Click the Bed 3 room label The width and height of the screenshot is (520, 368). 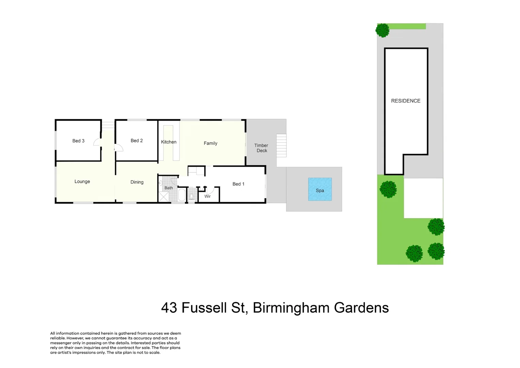pyautogui.click(x=78, y=141)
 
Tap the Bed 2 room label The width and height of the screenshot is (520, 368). pyautogui.click(x=137, y=140)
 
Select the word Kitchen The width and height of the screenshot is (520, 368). pyautogui.click(x=169, y=142)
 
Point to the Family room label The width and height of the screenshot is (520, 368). pyautogui.click(x=210, y=143)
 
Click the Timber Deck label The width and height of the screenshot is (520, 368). pyautogui.click(x=262, y=148)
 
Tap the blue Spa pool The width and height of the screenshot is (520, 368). pyautogui.click(x=320, y=189)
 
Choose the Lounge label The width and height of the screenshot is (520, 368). pyautogui.click(x=82, y=181)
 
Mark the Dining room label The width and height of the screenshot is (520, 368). pyautogui.click(x=137, y=182)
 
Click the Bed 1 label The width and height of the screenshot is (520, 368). pyautogui.click(x=238, y=184)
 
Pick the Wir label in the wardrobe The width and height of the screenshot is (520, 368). pyautogui.click(x=207, y=196)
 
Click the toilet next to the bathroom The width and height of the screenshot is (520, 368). pyautogui.click(x=192, y=196)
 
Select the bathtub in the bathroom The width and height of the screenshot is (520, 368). pyautogui.click(x=182, y=195)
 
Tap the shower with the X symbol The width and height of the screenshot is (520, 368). pyautogui.click(x=164, y=197)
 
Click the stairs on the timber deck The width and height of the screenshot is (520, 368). pyautogui.click(x=281, y=145)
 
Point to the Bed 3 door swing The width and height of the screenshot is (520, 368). pyautogui.click(x=97, y=142)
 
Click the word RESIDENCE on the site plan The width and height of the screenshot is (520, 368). pyautogui.click(x=406, y=101)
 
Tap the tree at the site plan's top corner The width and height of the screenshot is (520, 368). pyautogui.click(x=382, y=30)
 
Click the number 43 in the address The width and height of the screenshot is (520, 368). pyautogui.click(x=169, y=308)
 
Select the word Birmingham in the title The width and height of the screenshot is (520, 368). pyautogui.click(x=291, y=308)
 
